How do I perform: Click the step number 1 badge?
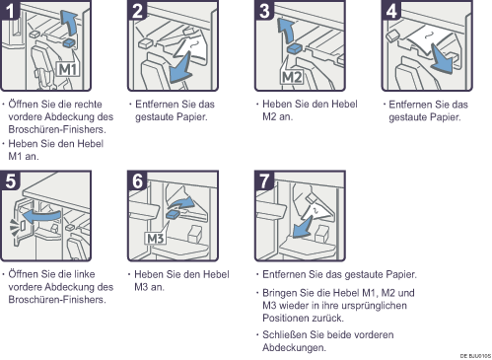(x=10, y=10)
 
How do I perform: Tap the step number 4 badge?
(x=391, y=10)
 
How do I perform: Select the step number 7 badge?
(x=264, y=180)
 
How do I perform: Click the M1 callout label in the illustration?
(x=68, y=69)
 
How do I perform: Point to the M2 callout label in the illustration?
(x=292, y=77)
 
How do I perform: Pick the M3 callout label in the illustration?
(x=156, y=238)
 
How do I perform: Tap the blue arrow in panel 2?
(x=180, y=68)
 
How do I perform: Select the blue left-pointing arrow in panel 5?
(x=41, y=216)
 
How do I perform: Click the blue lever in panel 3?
(x=295, y=48)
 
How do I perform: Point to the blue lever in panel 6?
(x=174, y=215)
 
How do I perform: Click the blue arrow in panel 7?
(x=303, y=228)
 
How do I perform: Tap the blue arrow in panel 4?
(x=442, y=59)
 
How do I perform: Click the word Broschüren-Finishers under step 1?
(x=57, y=129)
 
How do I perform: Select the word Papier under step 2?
(x=192, y=116)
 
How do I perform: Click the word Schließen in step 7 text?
(x=285, y=334)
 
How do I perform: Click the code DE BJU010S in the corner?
(x=475, y=356)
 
